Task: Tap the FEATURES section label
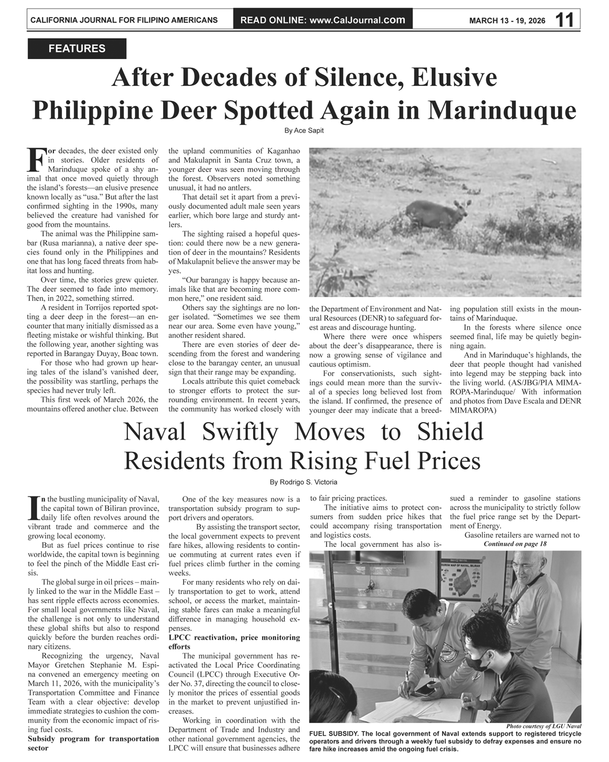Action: [x=77, y=49]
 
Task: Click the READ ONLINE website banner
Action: [x=323, y=20]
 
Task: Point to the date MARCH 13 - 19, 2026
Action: [x=507, y=21]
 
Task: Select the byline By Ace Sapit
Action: [x=304, y=131]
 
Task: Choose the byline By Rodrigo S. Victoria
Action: [x=304, y=482]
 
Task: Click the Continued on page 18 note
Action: [x=515, y=544]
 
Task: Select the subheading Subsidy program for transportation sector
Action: [x=93, y=743]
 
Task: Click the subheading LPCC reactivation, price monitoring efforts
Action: [x=234, y=642]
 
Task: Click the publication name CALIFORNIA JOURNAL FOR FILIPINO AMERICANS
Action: [x=124, y=21]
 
